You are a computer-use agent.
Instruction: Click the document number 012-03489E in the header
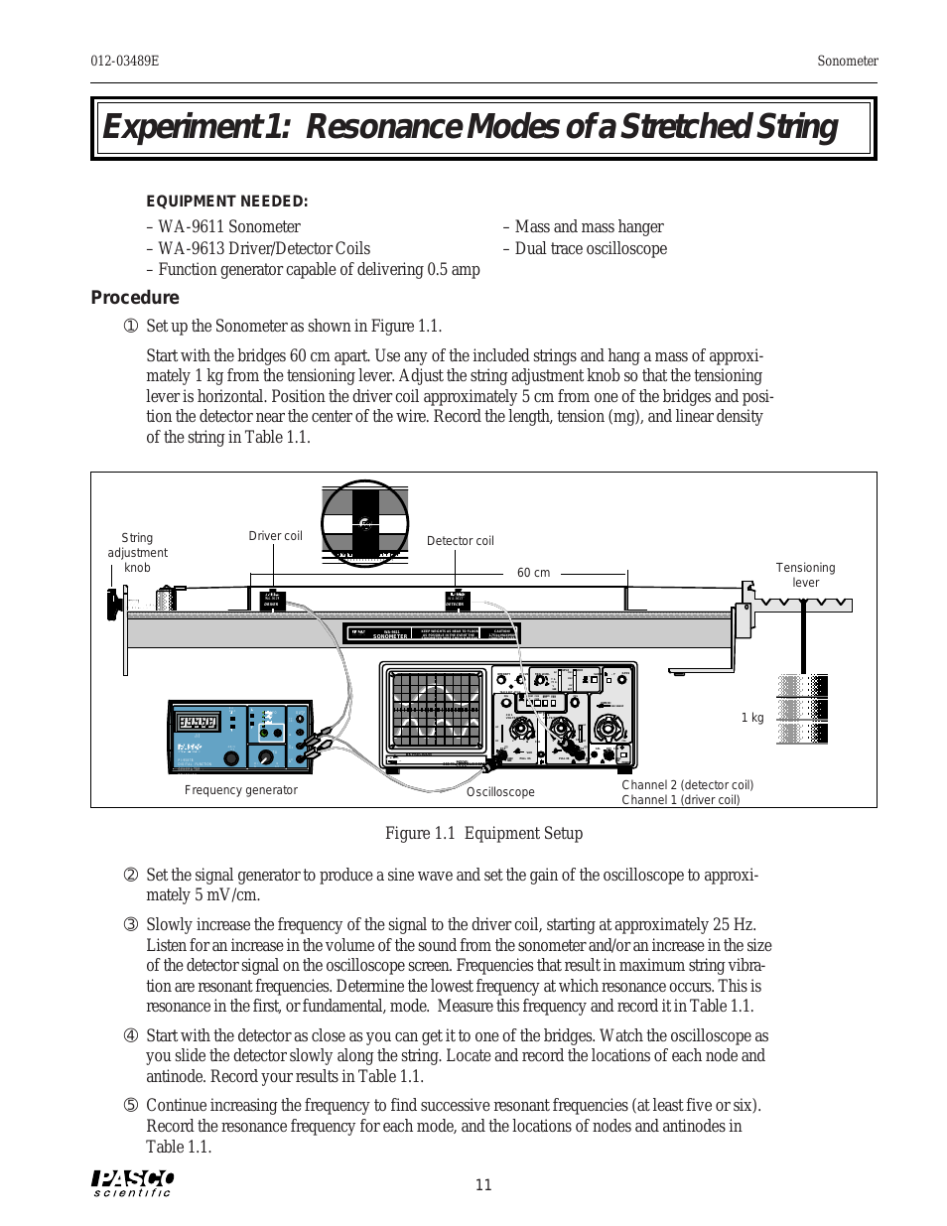pyautogui.click(x=125, y=61)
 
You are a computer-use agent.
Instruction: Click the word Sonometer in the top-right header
pyautogui.click(x=847, y=61)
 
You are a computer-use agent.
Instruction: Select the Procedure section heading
pyautogui.click(x=135, y=297)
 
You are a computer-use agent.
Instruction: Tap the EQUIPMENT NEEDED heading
pyautogui.click(x=226, y=201)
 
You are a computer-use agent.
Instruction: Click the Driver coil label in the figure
pyautogui.click(x=275, y=536)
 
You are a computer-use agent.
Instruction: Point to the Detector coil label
pyautogui.click(x=460, y=541)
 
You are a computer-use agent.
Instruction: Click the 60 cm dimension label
pyautogui.click(x=533, y=573)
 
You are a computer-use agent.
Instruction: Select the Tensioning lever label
pyautogui.click(x=805, y=575)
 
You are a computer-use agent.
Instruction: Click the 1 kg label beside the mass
pyautogui.click(x=752, y=718)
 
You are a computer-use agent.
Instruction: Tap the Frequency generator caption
pyautogui.click(x=241, y=790)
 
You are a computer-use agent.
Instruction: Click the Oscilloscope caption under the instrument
pyautogui.click(x=500, y=792)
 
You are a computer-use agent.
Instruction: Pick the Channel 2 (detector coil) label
pyautogui.click(x=687, y=785)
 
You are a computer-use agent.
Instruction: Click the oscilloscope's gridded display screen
pyautogui.click(x=435, y=709)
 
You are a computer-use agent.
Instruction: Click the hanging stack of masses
pyautogui.click(x=803, y=709)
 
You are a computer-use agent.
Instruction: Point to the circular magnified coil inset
pyautogui.click(x=365, y=523)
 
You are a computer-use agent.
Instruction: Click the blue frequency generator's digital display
pyautogui.click(x=198, y=722)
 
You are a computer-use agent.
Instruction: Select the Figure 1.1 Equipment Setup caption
pyautogui.click(x=483, y=833)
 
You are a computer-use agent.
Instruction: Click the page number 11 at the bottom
pyautogui.click(x=483, y=1184)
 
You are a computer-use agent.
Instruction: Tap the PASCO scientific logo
pyautogui.click(x=133, y=1182)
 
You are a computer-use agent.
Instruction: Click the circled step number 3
pyautogui.click(x=130, y=925)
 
